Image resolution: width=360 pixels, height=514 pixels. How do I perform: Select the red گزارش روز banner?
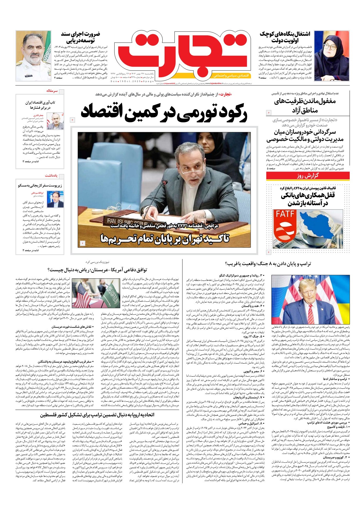[x=307, y=176]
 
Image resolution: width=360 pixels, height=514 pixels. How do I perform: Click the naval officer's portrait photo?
[x=33, y=55]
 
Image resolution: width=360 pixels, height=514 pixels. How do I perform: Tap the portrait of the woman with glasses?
[x=331, y=55]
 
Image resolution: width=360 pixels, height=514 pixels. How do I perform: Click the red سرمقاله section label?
[x=52, y=91]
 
